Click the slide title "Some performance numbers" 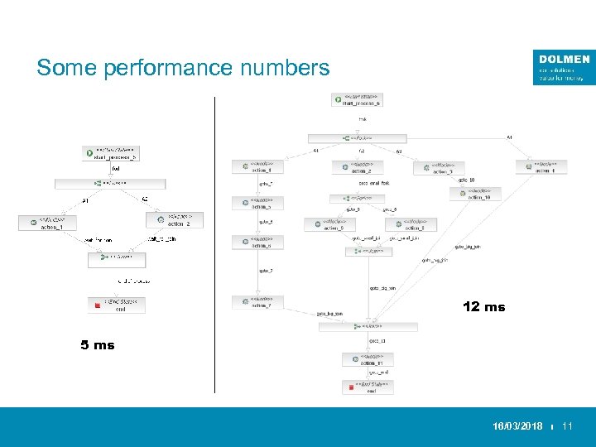(183, 67)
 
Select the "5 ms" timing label (98, 345)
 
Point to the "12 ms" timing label (483, 307)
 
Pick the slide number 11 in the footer (567, 426)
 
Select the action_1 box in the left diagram (47, 223)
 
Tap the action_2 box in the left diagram (174, 220)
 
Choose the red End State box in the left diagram (117, 305)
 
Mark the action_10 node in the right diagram (475, 194)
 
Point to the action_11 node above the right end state (368, 359)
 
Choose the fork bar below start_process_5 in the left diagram (110, 183)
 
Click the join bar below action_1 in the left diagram (117, 258)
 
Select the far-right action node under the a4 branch (541, 166)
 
